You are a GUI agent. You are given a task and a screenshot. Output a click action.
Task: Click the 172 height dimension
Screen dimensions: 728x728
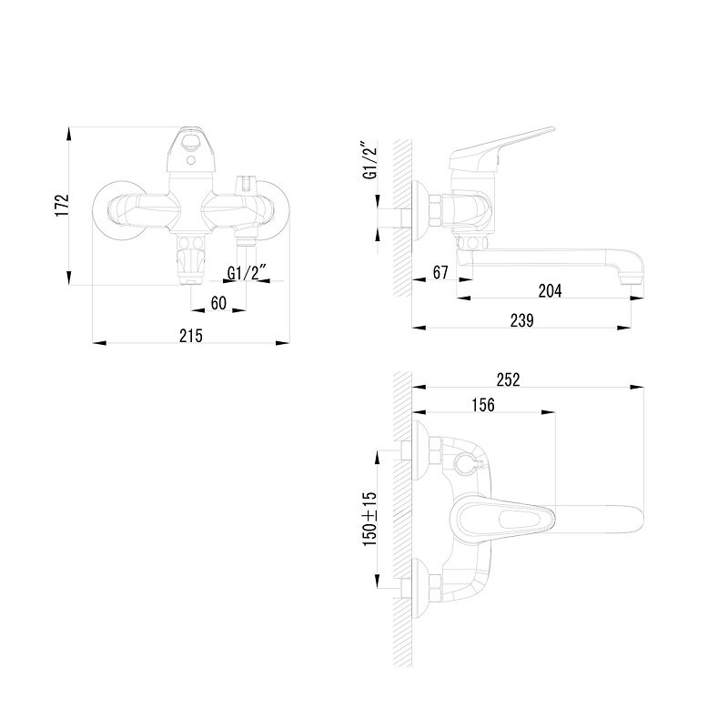coord(62,205)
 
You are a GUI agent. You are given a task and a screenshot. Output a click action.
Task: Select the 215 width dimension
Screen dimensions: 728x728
coord(191,336)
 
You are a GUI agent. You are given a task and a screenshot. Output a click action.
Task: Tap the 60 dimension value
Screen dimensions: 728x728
coord(218,303)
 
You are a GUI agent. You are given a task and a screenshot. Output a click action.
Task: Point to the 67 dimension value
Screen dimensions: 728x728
coord(440,272)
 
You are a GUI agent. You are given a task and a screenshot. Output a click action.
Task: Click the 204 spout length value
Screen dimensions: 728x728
coord(550,291)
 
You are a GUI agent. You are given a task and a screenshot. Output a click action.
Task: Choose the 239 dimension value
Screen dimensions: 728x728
coord(521,320)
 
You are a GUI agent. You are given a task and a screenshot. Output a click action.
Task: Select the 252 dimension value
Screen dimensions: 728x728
coord(509,379)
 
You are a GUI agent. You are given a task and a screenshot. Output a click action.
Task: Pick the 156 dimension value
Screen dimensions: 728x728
coord(483,405)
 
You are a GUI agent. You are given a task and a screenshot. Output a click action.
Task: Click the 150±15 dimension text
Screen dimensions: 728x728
coord(370,519)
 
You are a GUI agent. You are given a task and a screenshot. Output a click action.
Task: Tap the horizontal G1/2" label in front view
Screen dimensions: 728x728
coord(248,272)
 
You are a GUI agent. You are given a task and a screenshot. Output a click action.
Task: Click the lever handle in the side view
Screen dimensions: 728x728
coord(501,147)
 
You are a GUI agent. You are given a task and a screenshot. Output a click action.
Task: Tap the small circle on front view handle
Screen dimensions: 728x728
coord(190,161)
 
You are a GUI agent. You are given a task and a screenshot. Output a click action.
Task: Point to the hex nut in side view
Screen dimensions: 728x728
coord(435,210)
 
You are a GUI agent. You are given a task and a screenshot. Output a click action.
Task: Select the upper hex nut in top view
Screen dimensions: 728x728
coord(435,450)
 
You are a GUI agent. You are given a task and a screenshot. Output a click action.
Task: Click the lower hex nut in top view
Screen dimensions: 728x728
coord(435,587)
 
